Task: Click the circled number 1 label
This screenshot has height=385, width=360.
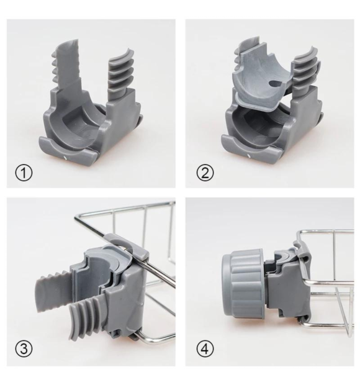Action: click(x=24, y=173)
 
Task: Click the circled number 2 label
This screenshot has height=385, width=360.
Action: click(x=205, y=173)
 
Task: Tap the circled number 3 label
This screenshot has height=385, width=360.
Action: click(x=24, y=348)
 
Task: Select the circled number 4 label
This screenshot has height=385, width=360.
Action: click(x=205, y=348)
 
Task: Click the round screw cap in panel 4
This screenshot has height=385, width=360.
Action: click(x=243, y=283)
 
